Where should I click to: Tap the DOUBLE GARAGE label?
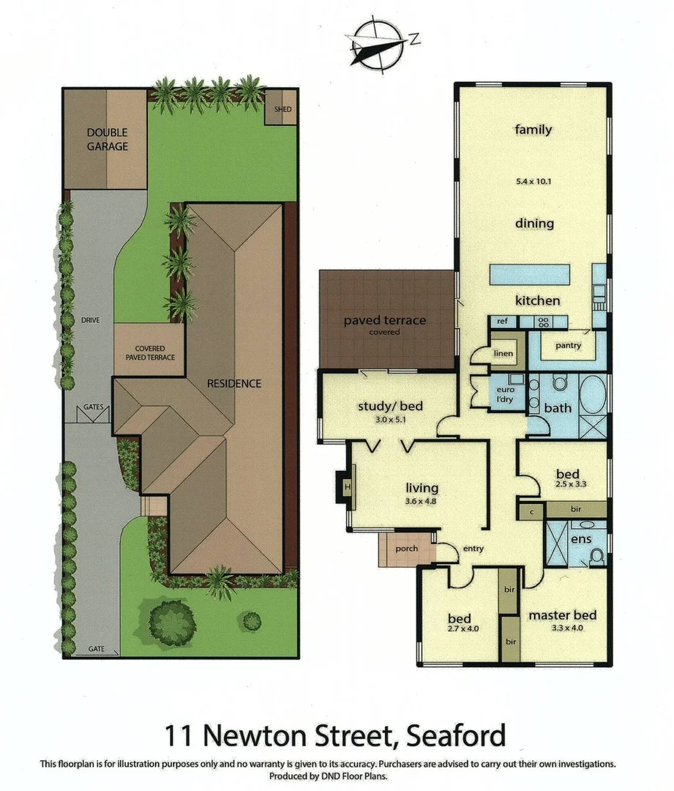108,139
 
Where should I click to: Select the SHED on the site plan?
282,109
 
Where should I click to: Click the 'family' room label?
533,130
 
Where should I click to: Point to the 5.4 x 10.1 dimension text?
533,180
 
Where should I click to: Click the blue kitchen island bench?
530,275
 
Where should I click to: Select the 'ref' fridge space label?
503,321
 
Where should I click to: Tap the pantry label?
568,345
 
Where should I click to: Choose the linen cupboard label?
504,354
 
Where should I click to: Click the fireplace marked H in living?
347,487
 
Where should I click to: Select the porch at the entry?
406,549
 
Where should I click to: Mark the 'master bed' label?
562,615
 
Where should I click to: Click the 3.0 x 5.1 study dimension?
390,420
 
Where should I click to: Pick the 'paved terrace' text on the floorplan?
385,320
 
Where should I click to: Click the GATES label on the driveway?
94,406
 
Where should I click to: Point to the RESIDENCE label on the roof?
233,383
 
